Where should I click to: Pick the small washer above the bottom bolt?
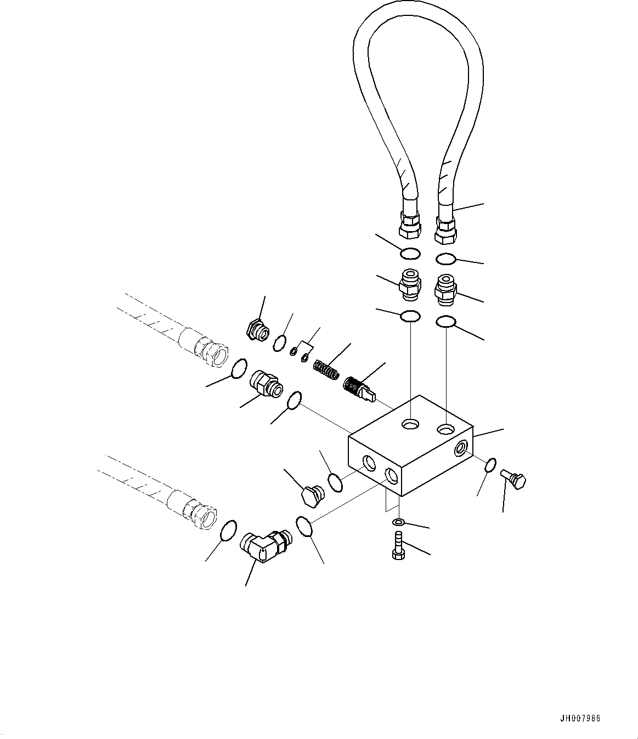coord(399,521)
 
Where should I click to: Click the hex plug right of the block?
coord(514,480)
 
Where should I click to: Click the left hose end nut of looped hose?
coord(409,225)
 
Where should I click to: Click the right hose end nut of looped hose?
coord(445,229)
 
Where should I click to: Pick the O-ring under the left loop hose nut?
coord(410,254)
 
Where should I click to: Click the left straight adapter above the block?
coord(410,284)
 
